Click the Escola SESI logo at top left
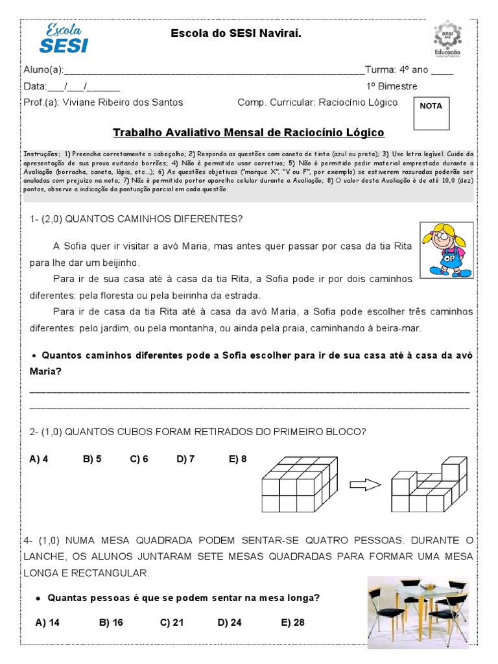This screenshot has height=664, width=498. coord(64,38)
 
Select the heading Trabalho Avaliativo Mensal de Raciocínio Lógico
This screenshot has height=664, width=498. coord(248,133)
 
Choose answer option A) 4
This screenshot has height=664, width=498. coord(39,459)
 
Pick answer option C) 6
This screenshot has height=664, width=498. coord(139,459)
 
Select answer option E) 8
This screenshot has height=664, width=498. coord(237,459)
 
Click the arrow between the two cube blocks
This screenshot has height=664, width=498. coord(366,484)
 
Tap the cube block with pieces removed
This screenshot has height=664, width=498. coord(429,485)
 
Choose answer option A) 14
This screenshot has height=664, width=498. coord(47,622)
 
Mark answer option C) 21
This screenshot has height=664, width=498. coord(172,622)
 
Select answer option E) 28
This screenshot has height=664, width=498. coord(292,622)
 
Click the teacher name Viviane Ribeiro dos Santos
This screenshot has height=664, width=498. coord(123,102)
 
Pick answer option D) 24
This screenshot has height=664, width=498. coord(230,622)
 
